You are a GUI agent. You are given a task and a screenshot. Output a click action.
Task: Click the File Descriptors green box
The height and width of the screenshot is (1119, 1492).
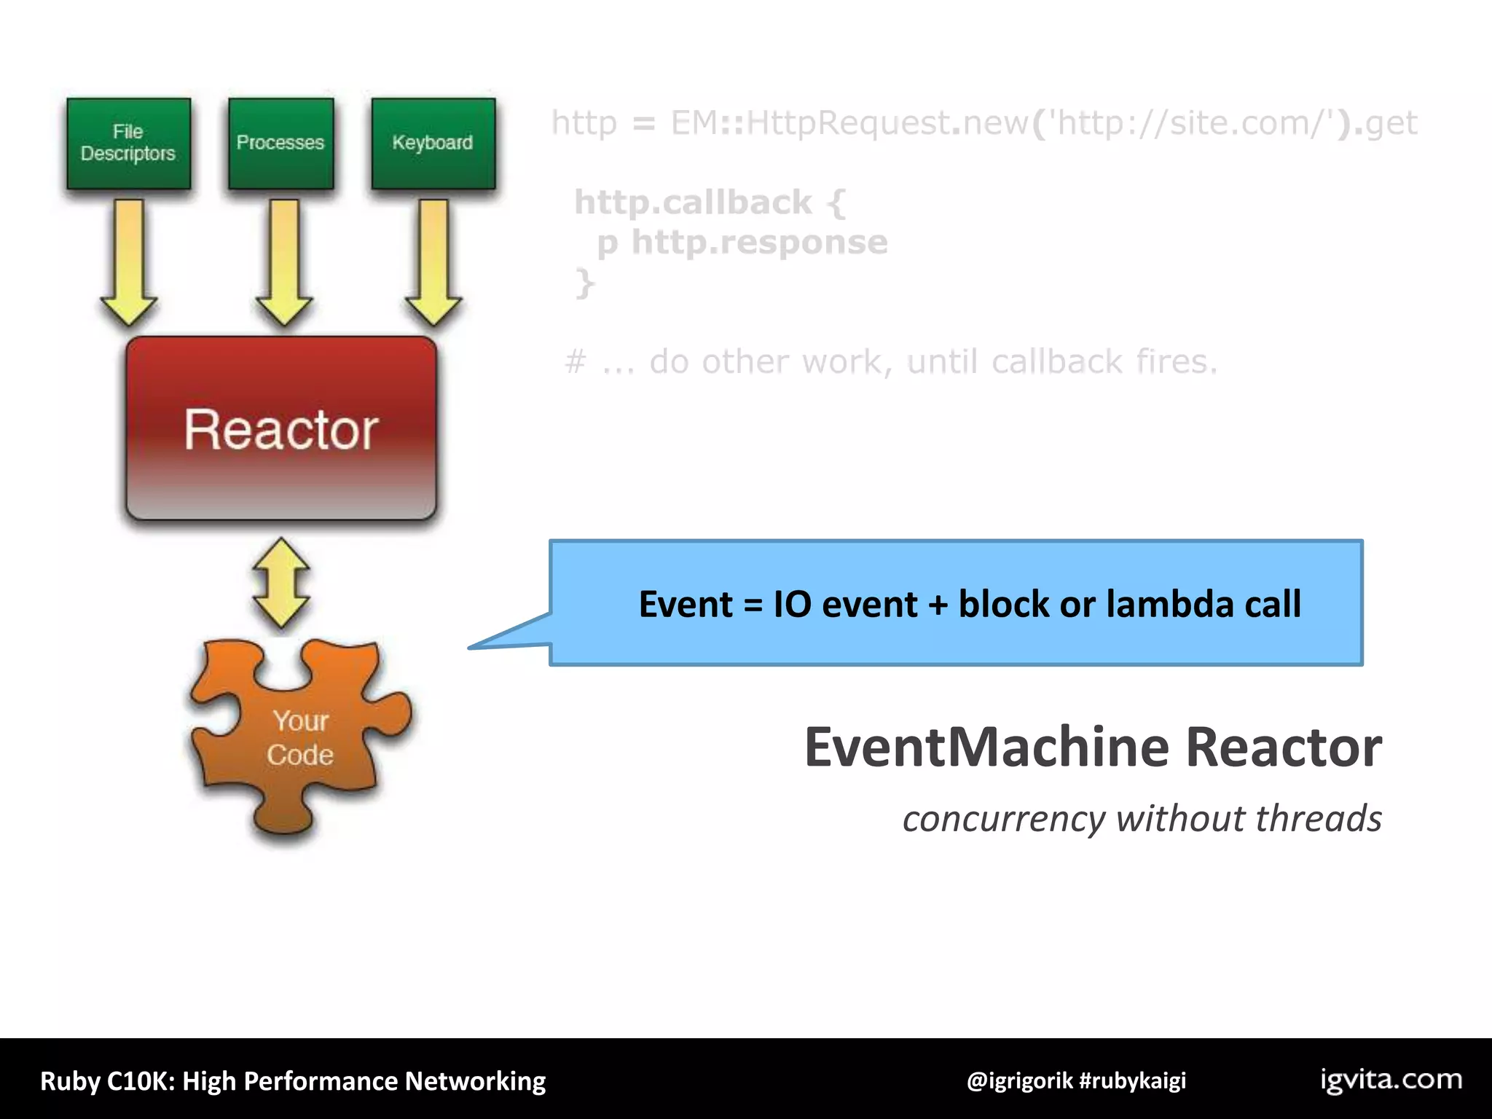[128, 144]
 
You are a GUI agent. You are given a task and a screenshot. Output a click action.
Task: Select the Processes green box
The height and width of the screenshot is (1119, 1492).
[280, 144]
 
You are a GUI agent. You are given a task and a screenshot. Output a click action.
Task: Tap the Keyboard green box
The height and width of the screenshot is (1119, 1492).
[433, 144]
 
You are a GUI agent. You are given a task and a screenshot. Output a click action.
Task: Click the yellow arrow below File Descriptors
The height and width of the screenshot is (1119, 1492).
[129, 262]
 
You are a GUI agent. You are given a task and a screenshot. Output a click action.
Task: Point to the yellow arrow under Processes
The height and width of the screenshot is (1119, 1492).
[284, 262]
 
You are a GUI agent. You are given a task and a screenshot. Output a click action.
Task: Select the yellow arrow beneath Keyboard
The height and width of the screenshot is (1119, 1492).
[433, 262]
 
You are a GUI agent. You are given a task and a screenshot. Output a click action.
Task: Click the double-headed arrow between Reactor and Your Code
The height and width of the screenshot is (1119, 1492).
[281, 583]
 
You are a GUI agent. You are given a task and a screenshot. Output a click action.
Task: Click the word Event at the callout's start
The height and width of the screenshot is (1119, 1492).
[686, 604]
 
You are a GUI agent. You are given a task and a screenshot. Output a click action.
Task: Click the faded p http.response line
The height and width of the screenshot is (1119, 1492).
[742, 242]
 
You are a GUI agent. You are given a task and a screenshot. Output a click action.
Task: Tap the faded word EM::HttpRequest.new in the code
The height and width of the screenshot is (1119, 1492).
[849, 122]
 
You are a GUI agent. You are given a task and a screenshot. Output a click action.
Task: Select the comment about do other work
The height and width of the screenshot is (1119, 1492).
[890, 361]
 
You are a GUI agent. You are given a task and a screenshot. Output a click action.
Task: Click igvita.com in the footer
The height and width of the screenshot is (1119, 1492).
[1391, 1080]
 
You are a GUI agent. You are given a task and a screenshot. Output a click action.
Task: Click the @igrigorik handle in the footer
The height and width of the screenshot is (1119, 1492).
[1019, 1080]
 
